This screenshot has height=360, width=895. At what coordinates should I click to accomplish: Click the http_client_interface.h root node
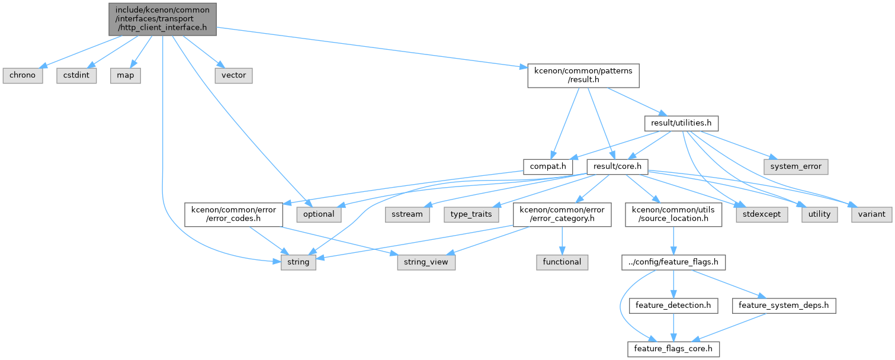pos(163,19)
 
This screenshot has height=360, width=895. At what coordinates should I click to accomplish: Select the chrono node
pos(23,76)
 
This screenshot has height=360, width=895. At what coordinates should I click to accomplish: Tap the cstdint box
pos(76,76)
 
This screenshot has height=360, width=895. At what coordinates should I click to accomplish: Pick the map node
pos(126,76)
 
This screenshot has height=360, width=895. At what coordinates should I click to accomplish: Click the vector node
pos(234,76)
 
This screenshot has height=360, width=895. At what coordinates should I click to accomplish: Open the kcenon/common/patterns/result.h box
pos(583,76)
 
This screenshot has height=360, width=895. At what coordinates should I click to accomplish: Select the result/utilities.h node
pos(681,123)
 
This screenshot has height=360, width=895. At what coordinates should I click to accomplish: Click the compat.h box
pos(548,166)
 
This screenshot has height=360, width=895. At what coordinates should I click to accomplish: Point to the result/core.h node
pos(617,166)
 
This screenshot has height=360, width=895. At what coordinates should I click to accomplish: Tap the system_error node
pos(796,166)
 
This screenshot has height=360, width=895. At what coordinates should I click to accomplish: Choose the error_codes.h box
pos(234,214)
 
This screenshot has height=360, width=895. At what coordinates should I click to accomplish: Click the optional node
pos(319,214)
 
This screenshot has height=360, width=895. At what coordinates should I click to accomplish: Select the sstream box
pos(407,214)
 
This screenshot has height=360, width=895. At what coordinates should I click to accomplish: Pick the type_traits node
pos(471,214)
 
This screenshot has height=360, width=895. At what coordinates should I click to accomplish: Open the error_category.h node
pos(562,214)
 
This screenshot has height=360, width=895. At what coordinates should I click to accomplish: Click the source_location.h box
pos(673,214)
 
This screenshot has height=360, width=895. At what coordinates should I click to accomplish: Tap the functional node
pos(562,262)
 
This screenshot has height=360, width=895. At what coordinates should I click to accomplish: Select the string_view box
pos(426,262)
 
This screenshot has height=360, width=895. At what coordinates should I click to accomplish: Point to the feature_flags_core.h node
pos(673,349)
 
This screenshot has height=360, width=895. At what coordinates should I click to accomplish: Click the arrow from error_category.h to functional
pos(562,240)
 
